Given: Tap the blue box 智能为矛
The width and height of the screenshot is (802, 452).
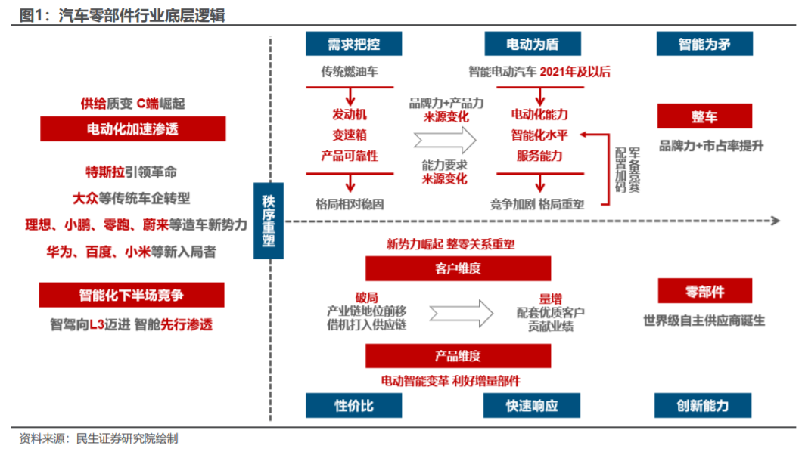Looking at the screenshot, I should (x=704, y=44).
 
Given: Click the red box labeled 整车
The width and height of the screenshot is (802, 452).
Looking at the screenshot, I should (x=704, y=116).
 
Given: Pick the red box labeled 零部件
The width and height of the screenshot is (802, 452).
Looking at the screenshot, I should (x=704, y=292).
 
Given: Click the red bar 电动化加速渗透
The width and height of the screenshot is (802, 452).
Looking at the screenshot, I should (x=132, y=129).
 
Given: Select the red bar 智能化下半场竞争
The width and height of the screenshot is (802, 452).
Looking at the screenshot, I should (x=132, y=295).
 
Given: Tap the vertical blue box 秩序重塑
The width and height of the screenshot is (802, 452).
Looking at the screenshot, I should (x=269, y=221).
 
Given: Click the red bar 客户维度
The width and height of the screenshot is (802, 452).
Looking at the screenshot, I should (x=458, y=268).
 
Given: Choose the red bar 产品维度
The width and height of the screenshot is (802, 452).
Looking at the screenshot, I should (x=458, y=356).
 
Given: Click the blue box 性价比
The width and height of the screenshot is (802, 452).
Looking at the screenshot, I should (x=353, y=406).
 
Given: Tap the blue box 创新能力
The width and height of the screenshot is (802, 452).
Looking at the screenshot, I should (x=704, y=406).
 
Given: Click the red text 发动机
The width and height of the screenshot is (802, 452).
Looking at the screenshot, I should (x=349, y=115).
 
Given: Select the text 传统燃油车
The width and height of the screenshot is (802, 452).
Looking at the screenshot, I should (x=349, y=73).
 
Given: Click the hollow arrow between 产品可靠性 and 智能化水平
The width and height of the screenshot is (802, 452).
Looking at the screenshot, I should (x=445, y=139).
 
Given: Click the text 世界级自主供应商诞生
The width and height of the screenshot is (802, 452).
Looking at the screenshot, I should (x=704, y=320).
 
